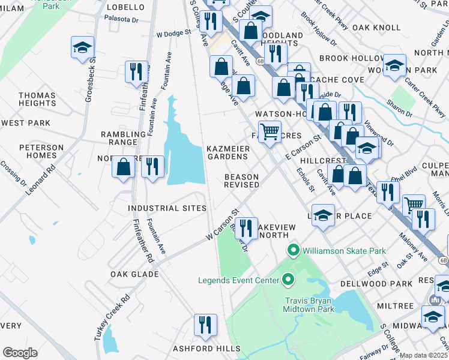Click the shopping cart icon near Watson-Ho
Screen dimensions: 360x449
click(x=270, y=131)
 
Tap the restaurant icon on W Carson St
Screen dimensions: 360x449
click(x=246, y=229)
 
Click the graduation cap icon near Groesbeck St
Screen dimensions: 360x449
click(x=82, y=48)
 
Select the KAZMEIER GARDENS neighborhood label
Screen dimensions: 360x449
click(x=227, y=152)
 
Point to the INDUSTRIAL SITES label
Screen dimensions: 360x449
click(x=167, y=208)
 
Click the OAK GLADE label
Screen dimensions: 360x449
click(x=134, y=274)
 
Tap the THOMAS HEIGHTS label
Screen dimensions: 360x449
click(x=37, y=99)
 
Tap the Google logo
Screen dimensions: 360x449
click(x=20, y=353)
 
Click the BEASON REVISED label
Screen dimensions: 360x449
click(x=241, y=181)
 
